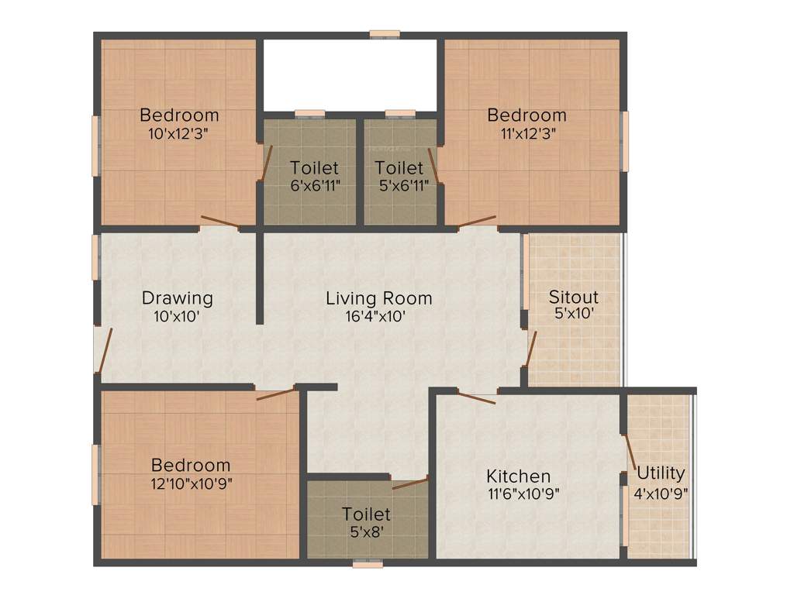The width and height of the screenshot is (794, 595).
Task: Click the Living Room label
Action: [x=378, y=298]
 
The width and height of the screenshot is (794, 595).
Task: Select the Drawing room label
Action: [x=177, y=298]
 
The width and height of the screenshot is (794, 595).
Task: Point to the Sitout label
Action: [x=574, y=297]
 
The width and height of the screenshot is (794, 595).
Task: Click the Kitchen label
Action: [x=518, y=476]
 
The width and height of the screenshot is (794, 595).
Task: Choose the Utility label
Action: [x=661, y=473]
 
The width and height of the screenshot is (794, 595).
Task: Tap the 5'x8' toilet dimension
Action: [x=366, y=531]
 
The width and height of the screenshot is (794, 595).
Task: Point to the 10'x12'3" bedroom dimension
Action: [x=179, y=132]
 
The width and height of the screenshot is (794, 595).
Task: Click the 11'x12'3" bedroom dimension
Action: [x=526, y=132]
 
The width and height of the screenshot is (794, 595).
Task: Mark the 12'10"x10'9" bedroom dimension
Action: [x=191, y=483]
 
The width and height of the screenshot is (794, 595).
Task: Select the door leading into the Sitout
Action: [x=531, y=349]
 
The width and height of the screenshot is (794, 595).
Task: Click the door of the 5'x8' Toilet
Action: [x=410, y=484]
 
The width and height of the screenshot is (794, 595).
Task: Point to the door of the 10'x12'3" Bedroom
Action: [x=220, y=223]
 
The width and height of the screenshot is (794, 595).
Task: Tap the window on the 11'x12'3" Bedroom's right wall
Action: [x=625, y=141]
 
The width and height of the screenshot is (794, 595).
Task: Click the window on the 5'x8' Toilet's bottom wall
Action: [x=368, y=563]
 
